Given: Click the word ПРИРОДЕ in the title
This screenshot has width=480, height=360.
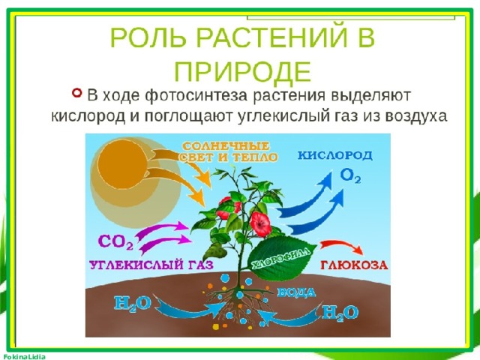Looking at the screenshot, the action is (x=243, y=71).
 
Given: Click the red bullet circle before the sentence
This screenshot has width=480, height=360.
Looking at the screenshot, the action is (x=77, y=92).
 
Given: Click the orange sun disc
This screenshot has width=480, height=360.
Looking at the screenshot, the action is (x=121, y=164).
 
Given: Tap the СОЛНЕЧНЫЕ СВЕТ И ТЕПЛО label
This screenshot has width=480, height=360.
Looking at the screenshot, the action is (x=229, y=151).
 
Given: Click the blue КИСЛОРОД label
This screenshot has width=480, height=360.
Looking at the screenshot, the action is (x=335, y=155).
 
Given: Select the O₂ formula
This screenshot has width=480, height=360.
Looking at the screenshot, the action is (x=350, y=176).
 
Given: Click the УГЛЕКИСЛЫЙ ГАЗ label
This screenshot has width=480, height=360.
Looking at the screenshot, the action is (x=151, y=264).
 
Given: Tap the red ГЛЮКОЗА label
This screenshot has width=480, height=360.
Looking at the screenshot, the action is (x=354, y=265).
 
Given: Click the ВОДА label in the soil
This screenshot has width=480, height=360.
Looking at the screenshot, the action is (x=296, y=292).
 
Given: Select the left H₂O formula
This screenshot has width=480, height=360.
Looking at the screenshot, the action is (x=133, y=304).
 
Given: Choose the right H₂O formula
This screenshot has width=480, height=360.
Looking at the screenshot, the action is (x=340, y=313).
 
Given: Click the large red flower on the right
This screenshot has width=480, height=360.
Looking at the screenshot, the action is (x=260, y=224).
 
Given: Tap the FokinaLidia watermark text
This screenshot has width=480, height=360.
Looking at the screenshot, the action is (x=23, y=357).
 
